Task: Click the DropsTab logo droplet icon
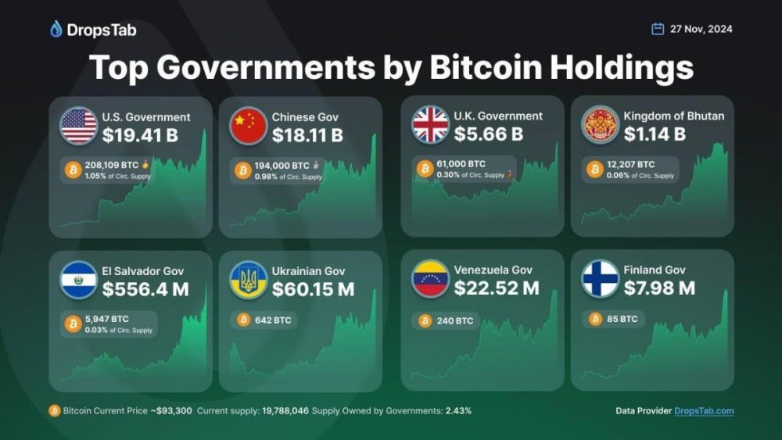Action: tap(56, 30)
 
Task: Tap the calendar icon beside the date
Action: tap(658, 29)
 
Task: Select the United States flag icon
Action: tap(78, 126)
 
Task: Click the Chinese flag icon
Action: tap(249, 126)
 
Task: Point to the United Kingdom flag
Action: tap(430, 124)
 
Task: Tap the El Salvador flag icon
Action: tap(78, 280)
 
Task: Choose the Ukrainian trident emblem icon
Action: tap(249, 280)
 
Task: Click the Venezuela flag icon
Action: tap(430, 278)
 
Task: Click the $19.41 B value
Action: tap(140, 135)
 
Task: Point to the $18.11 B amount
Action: tap(307, 135)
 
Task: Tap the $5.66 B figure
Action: tap(489, 134)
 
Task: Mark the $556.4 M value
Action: tap(145, 289)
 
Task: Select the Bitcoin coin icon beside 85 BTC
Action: tap(595, 319)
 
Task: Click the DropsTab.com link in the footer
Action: tap(704, 411)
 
